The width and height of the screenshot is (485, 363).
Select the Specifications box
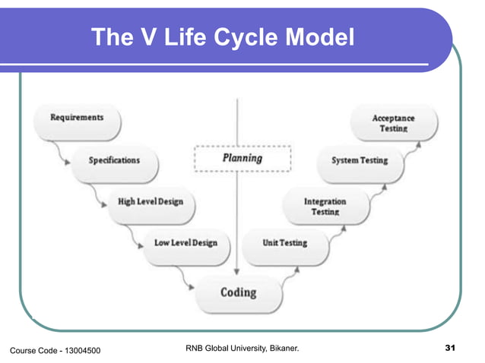pos(114,161)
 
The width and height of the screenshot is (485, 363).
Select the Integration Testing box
pos(325,207)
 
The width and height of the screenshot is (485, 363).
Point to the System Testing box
pos(360,161)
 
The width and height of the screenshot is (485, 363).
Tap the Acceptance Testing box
pos(393,124)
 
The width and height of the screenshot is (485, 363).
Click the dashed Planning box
pos(242,159)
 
